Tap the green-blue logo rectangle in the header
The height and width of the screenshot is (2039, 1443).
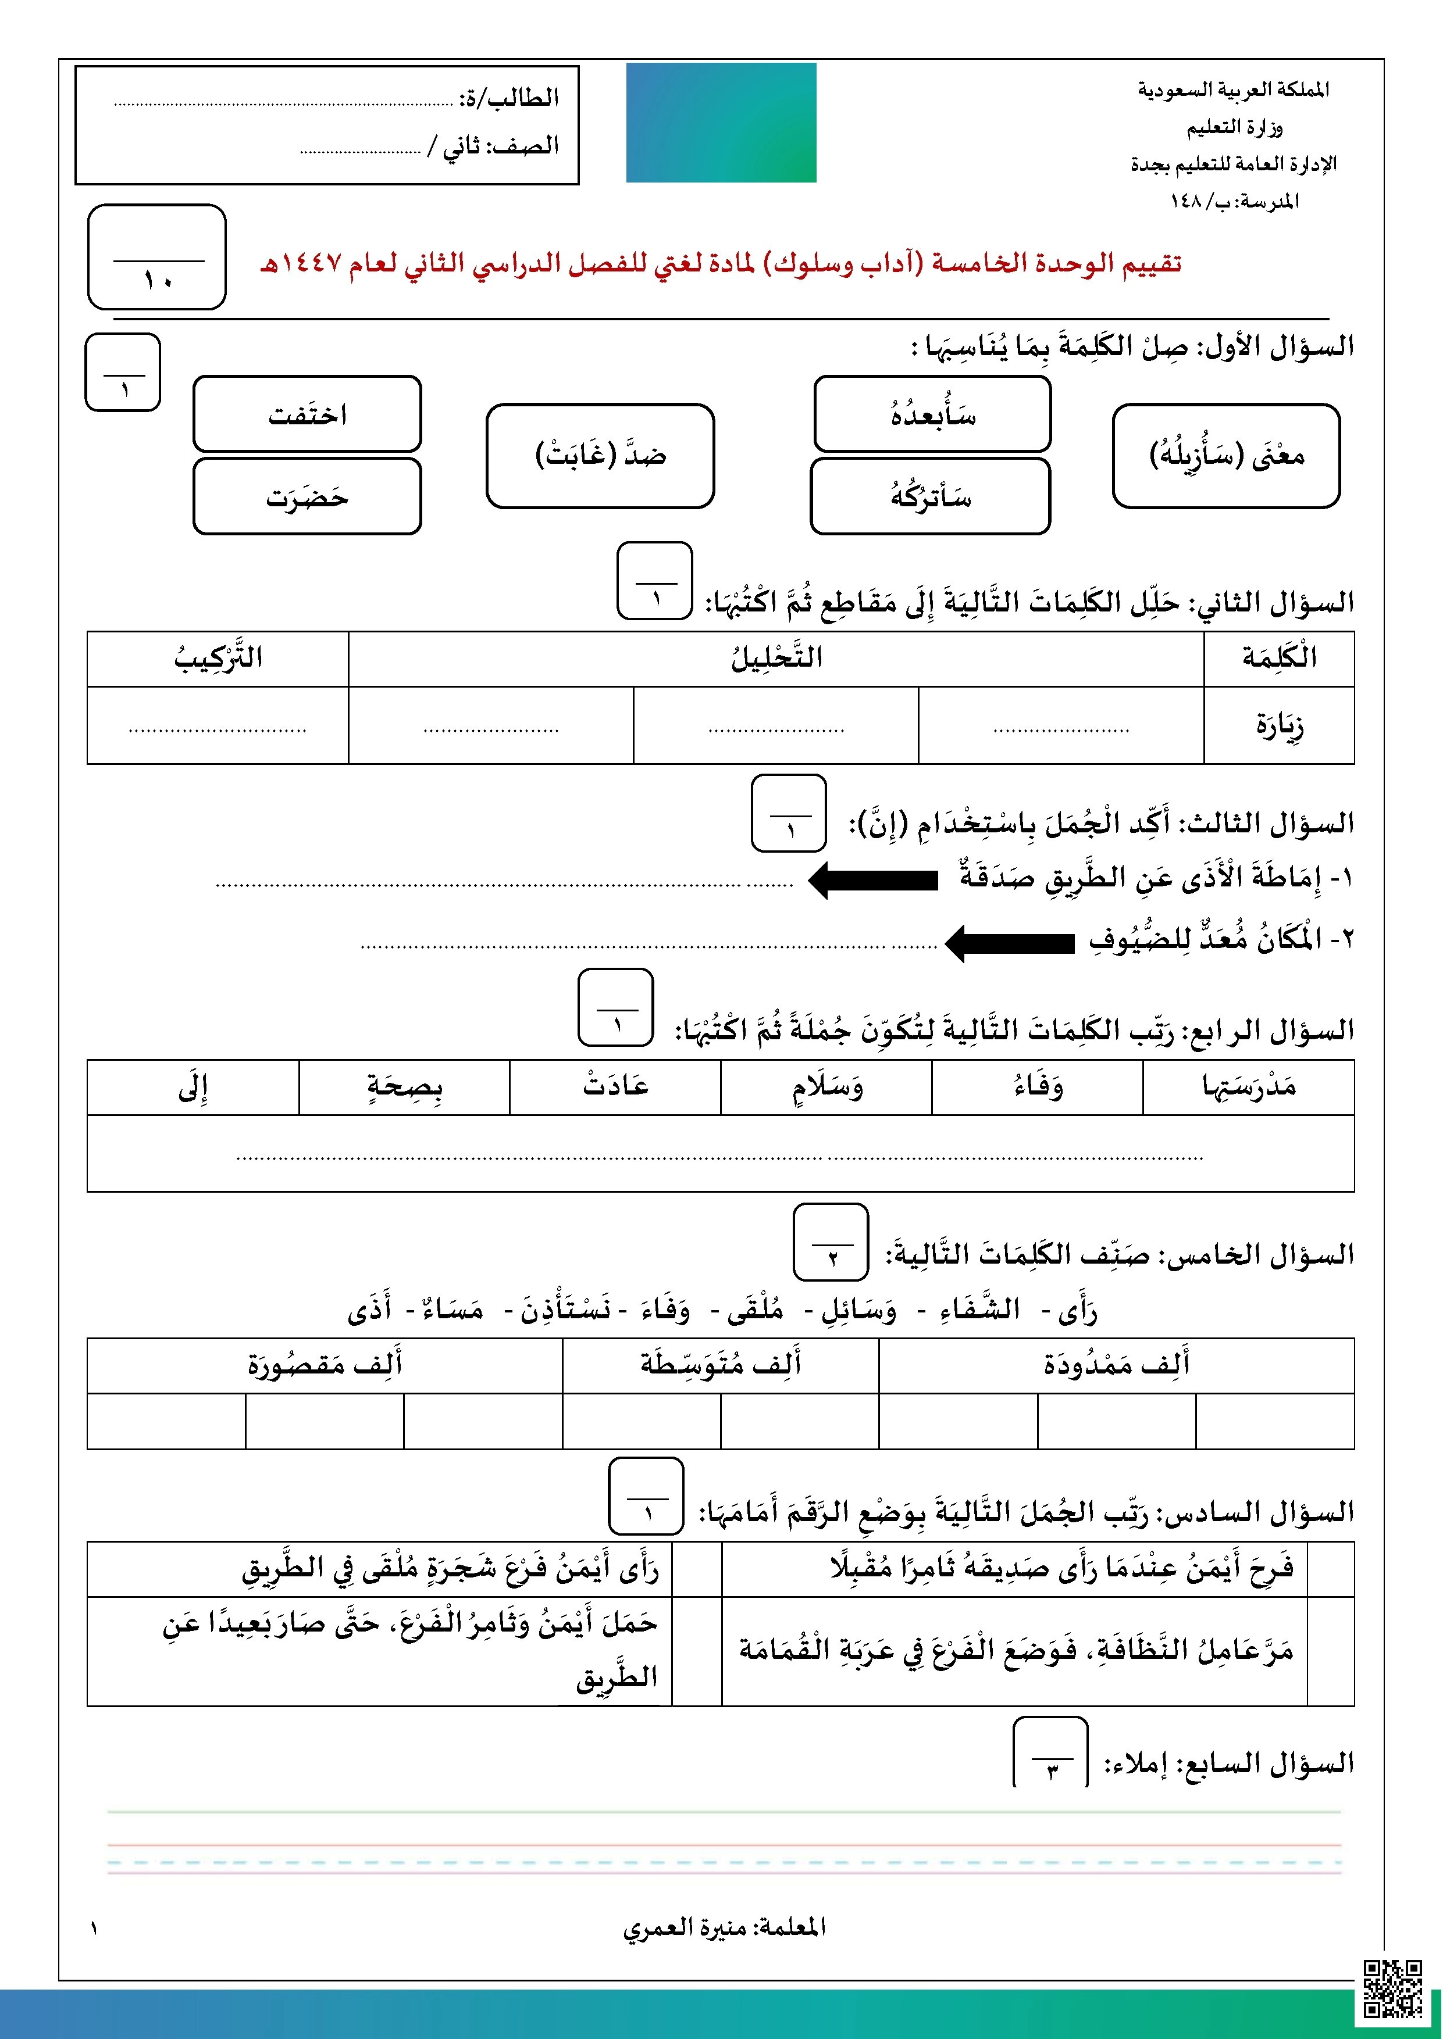coord(721,123)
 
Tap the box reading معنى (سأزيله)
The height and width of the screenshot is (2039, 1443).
coord(1226,456)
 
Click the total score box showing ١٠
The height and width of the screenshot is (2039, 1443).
coord(157,257)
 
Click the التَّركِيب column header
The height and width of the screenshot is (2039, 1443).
coord(218,658)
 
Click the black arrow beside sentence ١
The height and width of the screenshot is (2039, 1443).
coord(874,879)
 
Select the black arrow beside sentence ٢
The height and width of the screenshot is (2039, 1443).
coord(1009,942)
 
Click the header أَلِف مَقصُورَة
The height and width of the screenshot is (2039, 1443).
coord(325,1364)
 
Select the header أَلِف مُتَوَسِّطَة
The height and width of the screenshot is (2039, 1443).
coord(721,1364)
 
